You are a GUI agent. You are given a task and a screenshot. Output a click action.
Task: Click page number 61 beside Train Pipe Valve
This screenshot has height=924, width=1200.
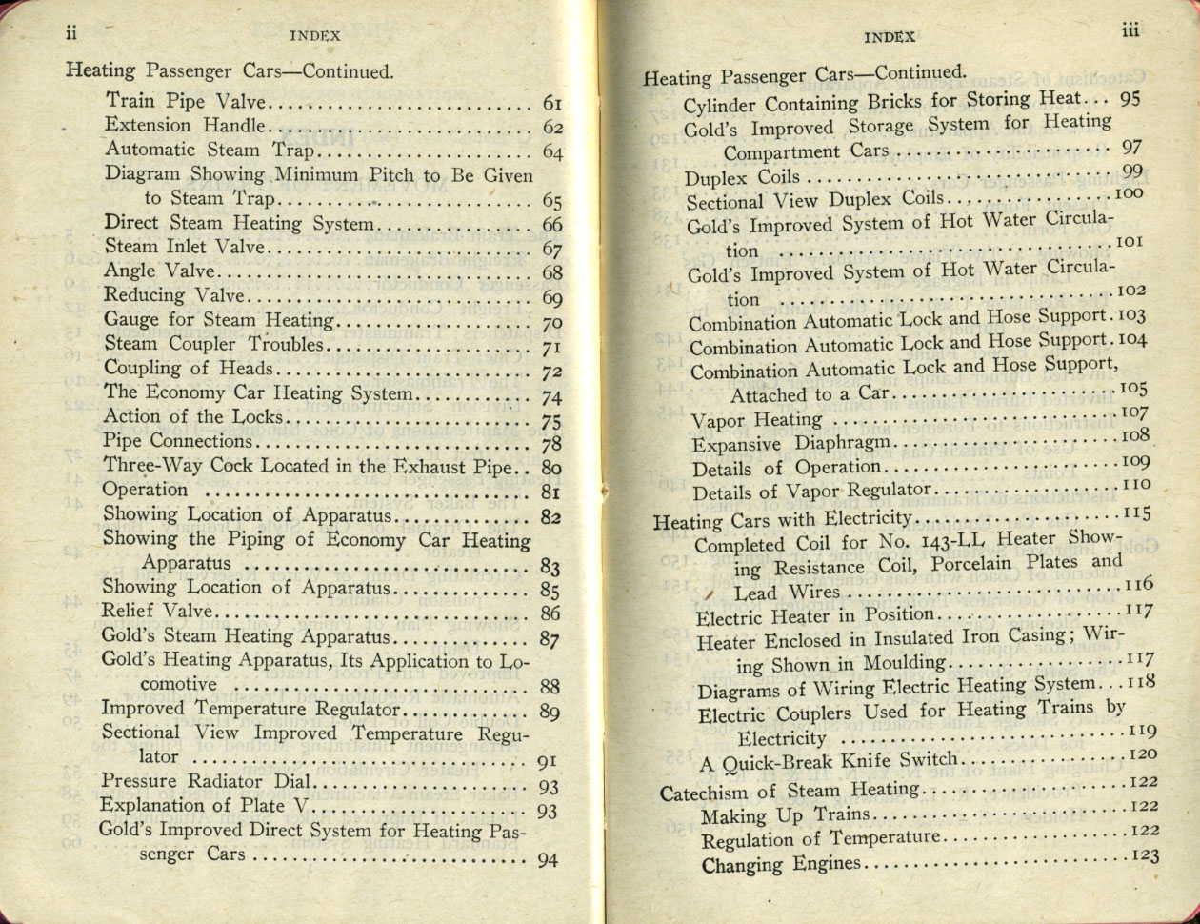552,103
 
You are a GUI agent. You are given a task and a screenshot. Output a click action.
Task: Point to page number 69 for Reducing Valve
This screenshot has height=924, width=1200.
552,298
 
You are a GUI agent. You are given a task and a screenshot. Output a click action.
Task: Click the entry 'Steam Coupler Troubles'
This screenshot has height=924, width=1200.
213,344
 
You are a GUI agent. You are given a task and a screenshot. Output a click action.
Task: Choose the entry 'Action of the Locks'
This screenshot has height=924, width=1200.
192,416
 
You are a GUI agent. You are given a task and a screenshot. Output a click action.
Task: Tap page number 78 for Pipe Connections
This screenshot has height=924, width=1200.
551,444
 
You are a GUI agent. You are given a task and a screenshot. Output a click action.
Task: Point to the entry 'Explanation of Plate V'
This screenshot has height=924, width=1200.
206,805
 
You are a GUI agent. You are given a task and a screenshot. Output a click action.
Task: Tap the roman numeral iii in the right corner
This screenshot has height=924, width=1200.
1130,31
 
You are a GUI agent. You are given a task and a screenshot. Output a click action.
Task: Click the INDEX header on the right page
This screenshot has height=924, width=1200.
890,37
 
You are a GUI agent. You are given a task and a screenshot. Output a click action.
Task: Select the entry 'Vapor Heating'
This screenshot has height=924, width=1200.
756,420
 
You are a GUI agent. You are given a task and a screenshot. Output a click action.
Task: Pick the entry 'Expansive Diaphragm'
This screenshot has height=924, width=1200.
790,444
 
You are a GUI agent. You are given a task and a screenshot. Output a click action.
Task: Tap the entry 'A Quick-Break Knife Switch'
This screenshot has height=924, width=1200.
828,761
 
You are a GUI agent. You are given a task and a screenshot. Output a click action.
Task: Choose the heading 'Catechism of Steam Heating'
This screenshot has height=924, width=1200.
790,791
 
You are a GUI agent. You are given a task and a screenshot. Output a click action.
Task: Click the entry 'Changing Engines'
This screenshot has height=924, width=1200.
780,865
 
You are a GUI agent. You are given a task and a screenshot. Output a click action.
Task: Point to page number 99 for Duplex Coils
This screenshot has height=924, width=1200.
1131,171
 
